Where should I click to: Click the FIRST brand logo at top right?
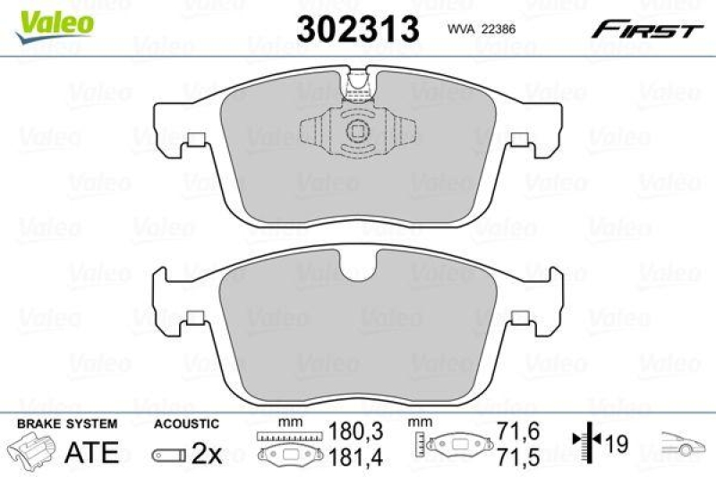pos(645,30)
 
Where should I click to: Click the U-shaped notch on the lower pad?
pos(358,266)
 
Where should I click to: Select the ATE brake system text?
pos(93,452)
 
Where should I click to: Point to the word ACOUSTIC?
pos(186,423)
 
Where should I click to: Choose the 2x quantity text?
pos(208,454)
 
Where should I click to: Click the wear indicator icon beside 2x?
pos(168,455)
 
